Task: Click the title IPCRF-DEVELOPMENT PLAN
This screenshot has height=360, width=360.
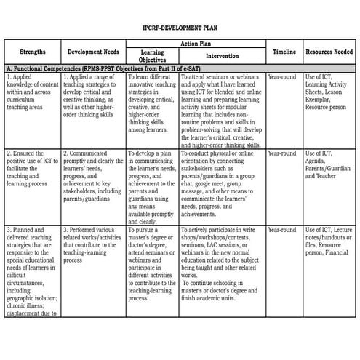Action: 180,27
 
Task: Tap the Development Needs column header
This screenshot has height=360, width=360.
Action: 92,52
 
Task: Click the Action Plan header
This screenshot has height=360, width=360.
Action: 195,44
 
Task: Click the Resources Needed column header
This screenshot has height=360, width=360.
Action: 329,52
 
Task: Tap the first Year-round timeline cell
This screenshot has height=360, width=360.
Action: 282,76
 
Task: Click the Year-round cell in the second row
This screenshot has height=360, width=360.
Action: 282,153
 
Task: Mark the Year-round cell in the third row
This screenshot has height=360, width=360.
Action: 282,230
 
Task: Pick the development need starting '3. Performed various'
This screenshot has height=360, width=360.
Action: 92,243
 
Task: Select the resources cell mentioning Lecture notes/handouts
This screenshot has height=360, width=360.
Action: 329,244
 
